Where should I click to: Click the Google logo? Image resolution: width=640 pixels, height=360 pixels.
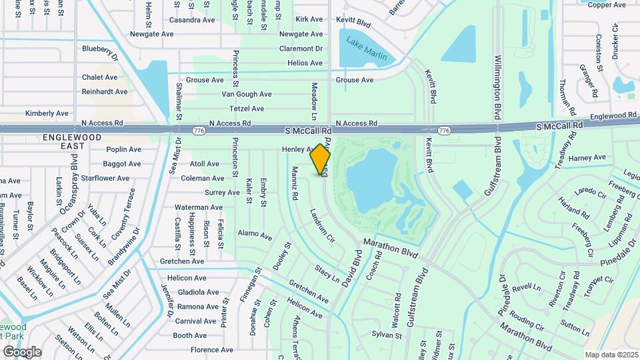point(22,351)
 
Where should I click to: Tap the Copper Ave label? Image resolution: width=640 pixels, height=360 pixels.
point(606,5)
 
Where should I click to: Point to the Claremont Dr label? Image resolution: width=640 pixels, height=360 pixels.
point(301,49)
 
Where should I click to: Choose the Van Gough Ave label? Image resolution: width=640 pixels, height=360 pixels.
point(247,95)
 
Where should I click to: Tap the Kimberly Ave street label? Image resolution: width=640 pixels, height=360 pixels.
point(47,113)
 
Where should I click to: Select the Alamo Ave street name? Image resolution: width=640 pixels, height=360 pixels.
point(255,235)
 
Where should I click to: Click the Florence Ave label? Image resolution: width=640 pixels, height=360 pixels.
point(211,349)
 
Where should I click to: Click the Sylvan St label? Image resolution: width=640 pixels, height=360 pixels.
point(385,334)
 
